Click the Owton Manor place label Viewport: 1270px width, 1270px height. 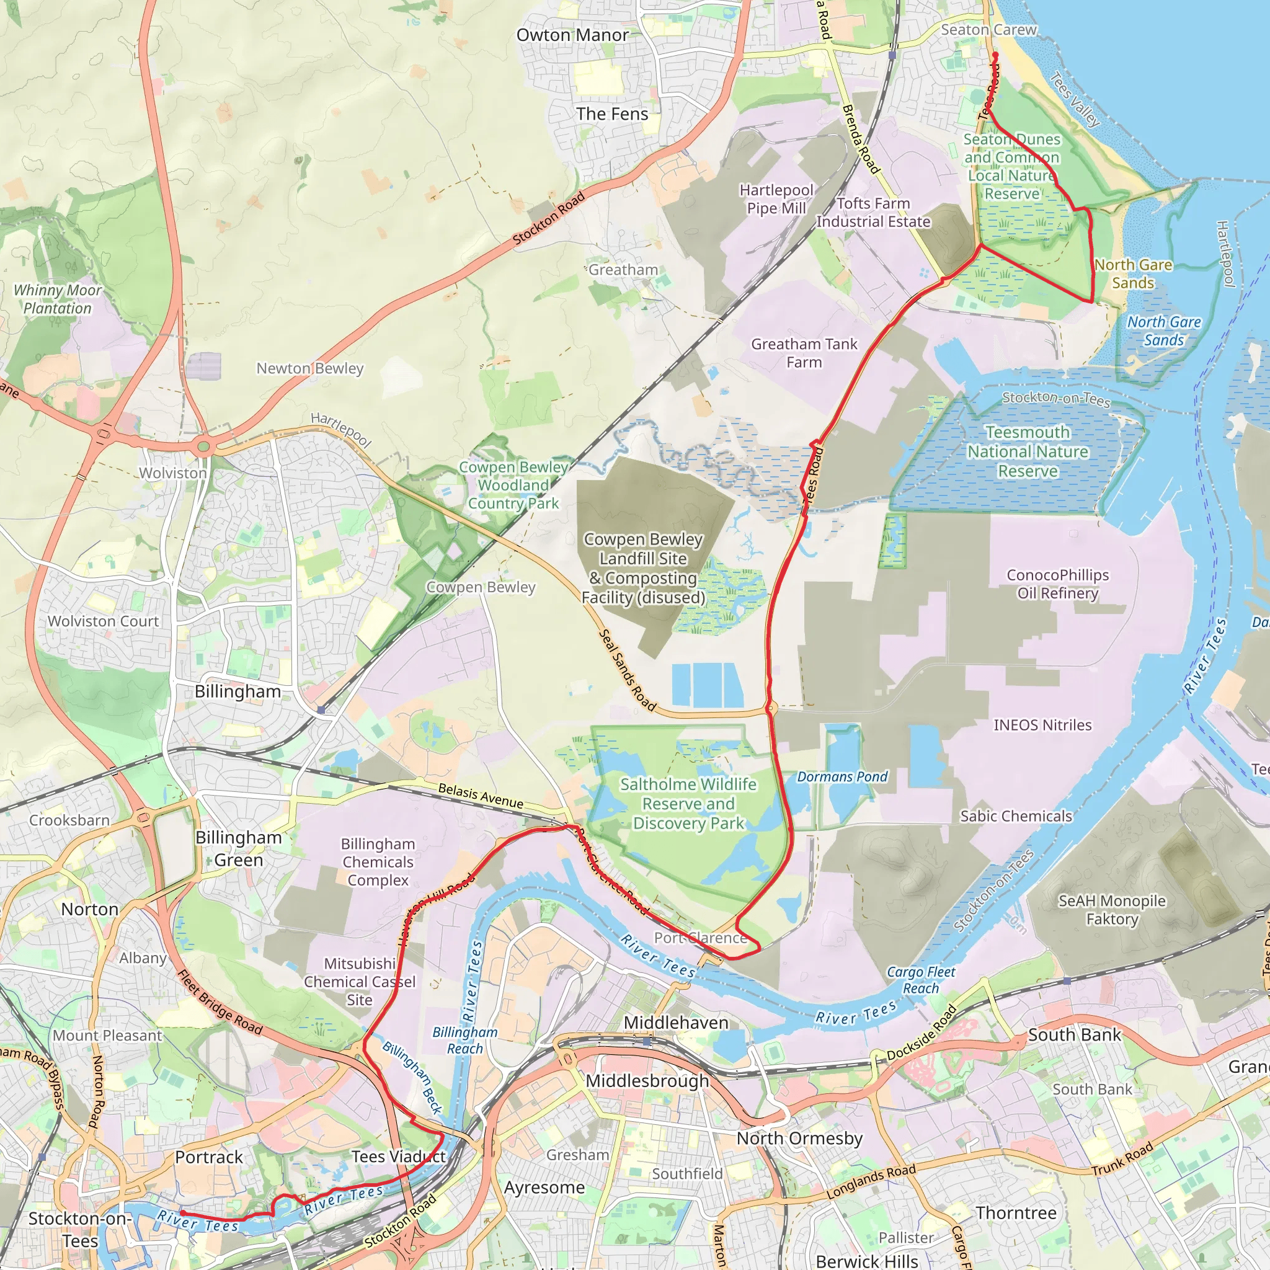[572, 35]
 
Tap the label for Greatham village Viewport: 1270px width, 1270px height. [623, 270]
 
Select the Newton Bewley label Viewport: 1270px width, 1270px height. [309, 368]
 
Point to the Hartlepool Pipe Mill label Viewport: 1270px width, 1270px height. [776, 199]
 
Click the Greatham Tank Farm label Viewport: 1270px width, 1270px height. [804, 353]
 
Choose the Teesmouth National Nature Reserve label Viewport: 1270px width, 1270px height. [1028, 451]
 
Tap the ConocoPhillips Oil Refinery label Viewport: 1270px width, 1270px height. [1058, 584]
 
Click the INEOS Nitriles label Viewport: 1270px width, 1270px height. [1042, 724]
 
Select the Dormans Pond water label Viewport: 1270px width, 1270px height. [842, 776]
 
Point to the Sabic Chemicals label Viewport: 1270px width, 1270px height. [1016, 816]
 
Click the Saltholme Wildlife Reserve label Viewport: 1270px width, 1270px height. [688, 803]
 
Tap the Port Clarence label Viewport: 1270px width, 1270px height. [700, 938]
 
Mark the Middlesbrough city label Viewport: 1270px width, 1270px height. [647, 1081]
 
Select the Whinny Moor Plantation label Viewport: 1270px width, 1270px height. [57, 299]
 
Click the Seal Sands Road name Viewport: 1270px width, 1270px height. [627, 670]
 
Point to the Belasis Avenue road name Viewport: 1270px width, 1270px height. [481, 796]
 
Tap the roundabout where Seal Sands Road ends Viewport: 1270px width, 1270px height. [771, 709]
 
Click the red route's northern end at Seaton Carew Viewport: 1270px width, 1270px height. [995, 55]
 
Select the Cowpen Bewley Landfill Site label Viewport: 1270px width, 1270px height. [643, 568]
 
